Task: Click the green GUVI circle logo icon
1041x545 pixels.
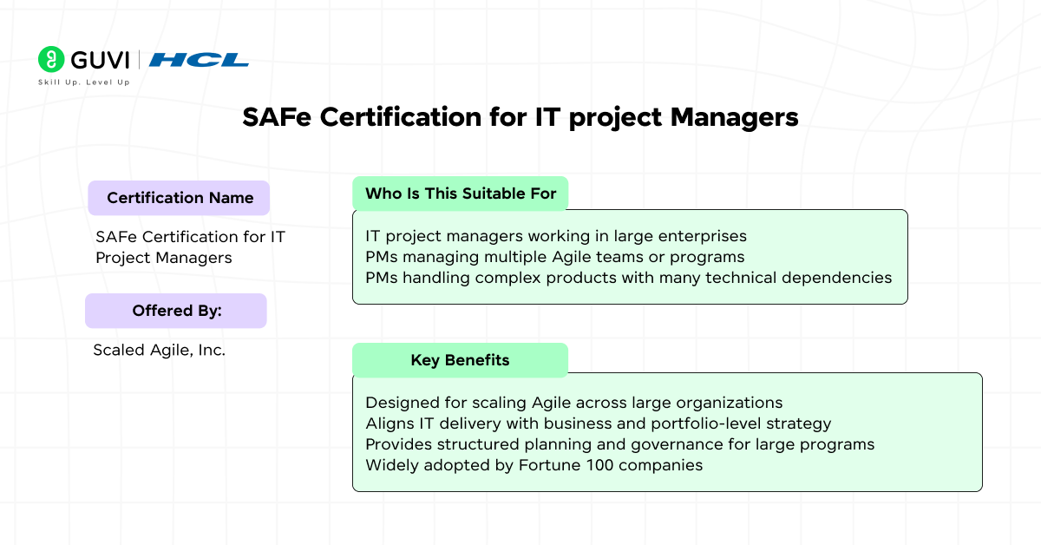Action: (x=51, y=59)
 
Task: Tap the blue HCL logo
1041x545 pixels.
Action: (x=199, y=60)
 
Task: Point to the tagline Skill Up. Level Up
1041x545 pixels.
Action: (x=83, y=82)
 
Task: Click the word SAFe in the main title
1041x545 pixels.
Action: (x=277, y=116)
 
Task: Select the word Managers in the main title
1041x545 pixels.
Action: (x=734, y=118)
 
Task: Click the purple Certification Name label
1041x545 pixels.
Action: (x=179, y=198)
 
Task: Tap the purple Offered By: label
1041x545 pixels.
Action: (x=176, y=311)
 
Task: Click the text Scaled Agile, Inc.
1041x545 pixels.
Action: (x=159, y=350)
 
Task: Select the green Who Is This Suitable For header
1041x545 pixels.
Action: (x=460, y=194)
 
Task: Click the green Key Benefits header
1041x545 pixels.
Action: (x=460, y=360)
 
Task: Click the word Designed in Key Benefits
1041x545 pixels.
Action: (x=403, y=403)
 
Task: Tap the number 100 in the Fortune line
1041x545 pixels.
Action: (x=599, y=465)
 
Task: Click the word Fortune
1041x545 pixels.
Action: (x=550, y=465)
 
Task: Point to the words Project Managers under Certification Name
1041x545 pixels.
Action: (x=164, y=258)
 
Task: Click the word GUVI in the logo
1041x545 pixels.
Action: (x=100, y=60)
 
